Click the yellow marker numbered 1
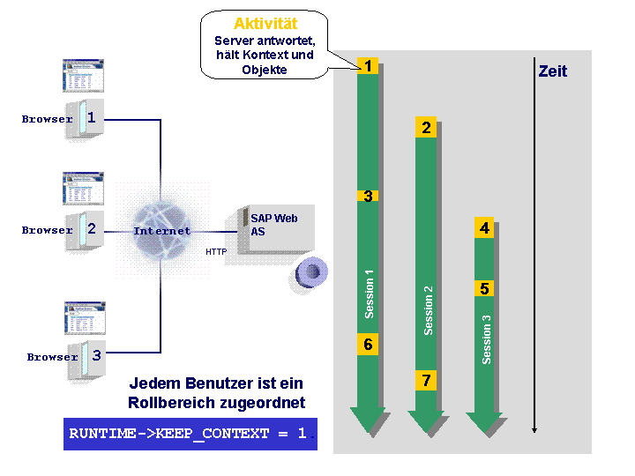[x=368, y=65]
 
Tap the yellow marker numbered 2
[x=426, y=127]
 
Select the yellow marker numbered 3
[x=368, y=196]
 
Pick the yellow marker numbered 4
[x=484, y=228]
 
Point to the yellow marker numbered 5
[x=484, y=288]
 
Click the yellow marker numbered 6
[x=368, y=344]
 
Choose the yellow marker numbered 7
[x=426, y=380]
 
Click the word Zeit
[x=553, y=71]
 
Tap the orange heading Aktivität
[x=265, y=24]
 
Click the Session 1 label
[x=369, y=294]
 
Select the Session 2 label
[x=428, y=310]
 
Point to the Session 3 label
[x=486, y=339]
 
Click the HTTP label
[x=216, y=252]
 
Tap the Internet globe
[x=162, y=231]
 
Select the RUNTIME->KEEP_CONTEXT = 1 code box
[x=190, y=434]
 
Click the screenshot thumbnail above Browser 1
[x=83, y=76]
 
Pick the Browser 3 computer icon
[x=86, y=361]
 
